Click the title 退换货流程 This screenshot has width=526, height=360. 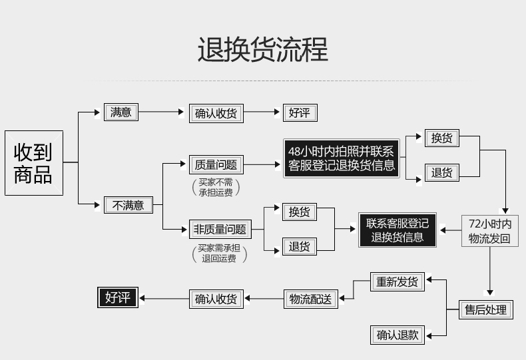point(262,51)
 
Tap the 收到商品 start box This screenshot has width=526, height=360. point(33,163)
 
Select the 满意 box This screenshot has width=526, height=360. point(121,112)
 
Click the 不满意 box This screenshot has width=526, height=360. point(128,205)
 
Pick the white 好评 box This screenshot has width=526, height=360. point(299,112)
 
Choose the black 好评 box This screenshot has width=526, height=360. point(117,297)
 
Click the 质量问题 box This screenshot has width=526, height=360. point(216,164)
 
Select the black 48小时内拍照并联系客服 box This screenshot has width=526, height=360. point(342,158)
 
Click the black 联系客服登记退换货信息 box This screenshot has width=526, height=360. point(397,230)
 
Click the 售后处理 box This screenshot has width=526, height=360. point(487,309)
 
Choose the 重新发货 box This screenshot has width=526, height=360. point(397,281)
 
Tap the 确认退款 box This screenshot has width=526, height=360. point(397,335)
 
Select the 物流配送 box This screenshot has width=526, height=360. point(310,299)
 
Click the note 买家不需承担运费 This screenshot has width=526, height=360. point(215,187)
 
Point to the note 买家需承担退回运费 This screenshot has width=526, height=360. point(219,253)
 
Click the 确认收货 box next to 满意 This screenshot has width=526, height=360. point(216,113)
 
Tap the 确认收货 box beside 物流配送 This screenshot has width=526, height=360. point(216,299)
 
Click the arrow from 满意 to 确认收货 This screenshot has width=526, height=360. point(162,112)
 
